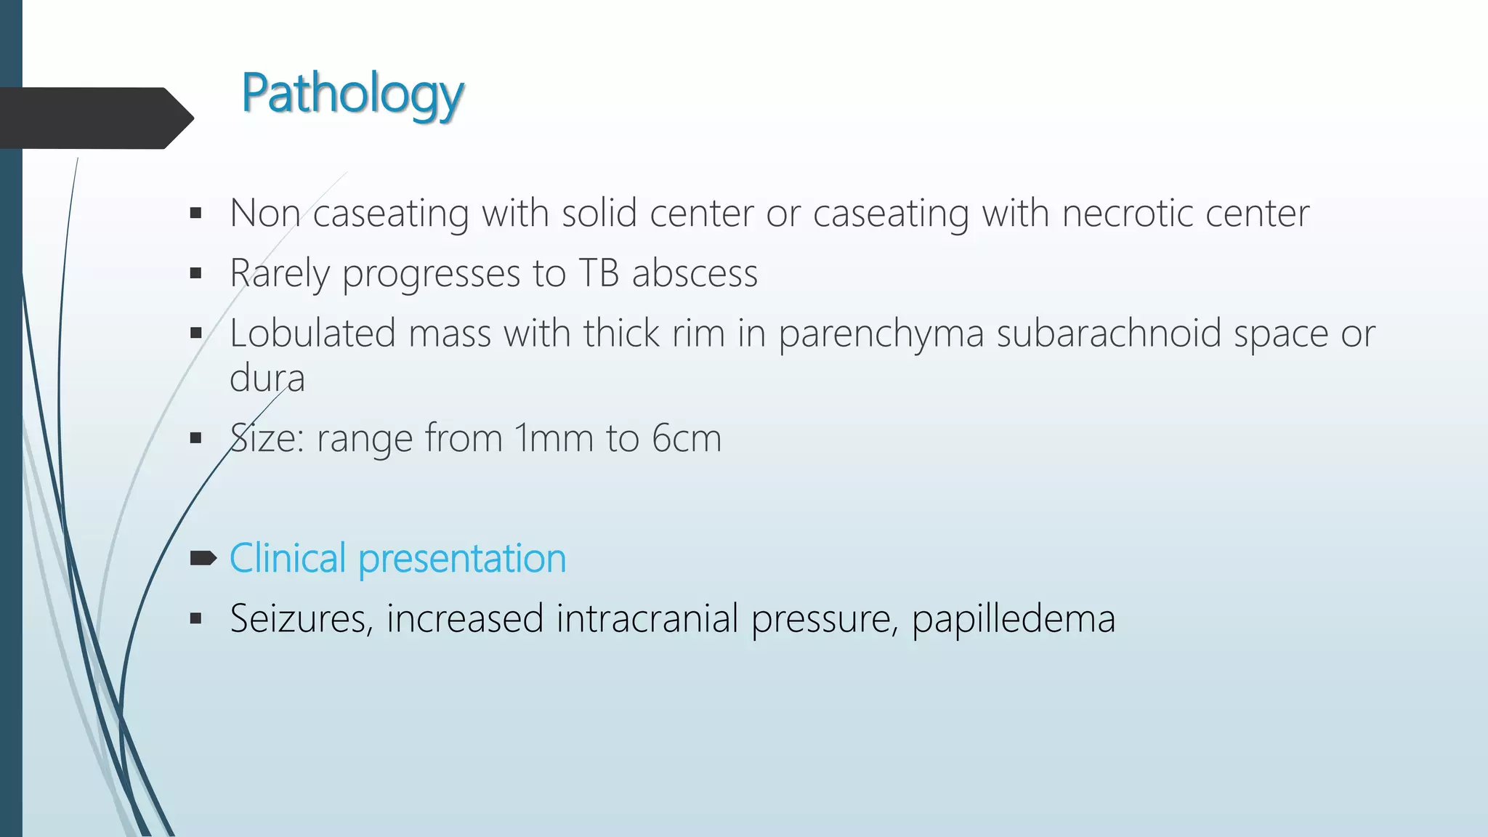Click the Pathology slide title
click(x=352, y=94)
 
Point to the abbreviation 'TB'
click(x=599, y=274)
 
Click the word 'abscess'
click(x=695, y=274)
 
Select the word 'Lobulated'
click(x=312, y=334)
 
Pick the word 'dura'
click(x=267, y=379)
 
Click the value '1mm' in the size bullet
click(x=554, y=439)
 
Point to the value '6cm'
click(x=687, y=439)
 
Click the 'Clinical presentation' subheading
click(x=397, y=559)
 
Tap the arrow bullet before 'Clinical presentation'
click(x=203, y=558)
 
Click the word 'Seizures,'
click(x=301, y=619)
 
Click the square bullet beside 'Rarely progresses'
click(x=195, y=274)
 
